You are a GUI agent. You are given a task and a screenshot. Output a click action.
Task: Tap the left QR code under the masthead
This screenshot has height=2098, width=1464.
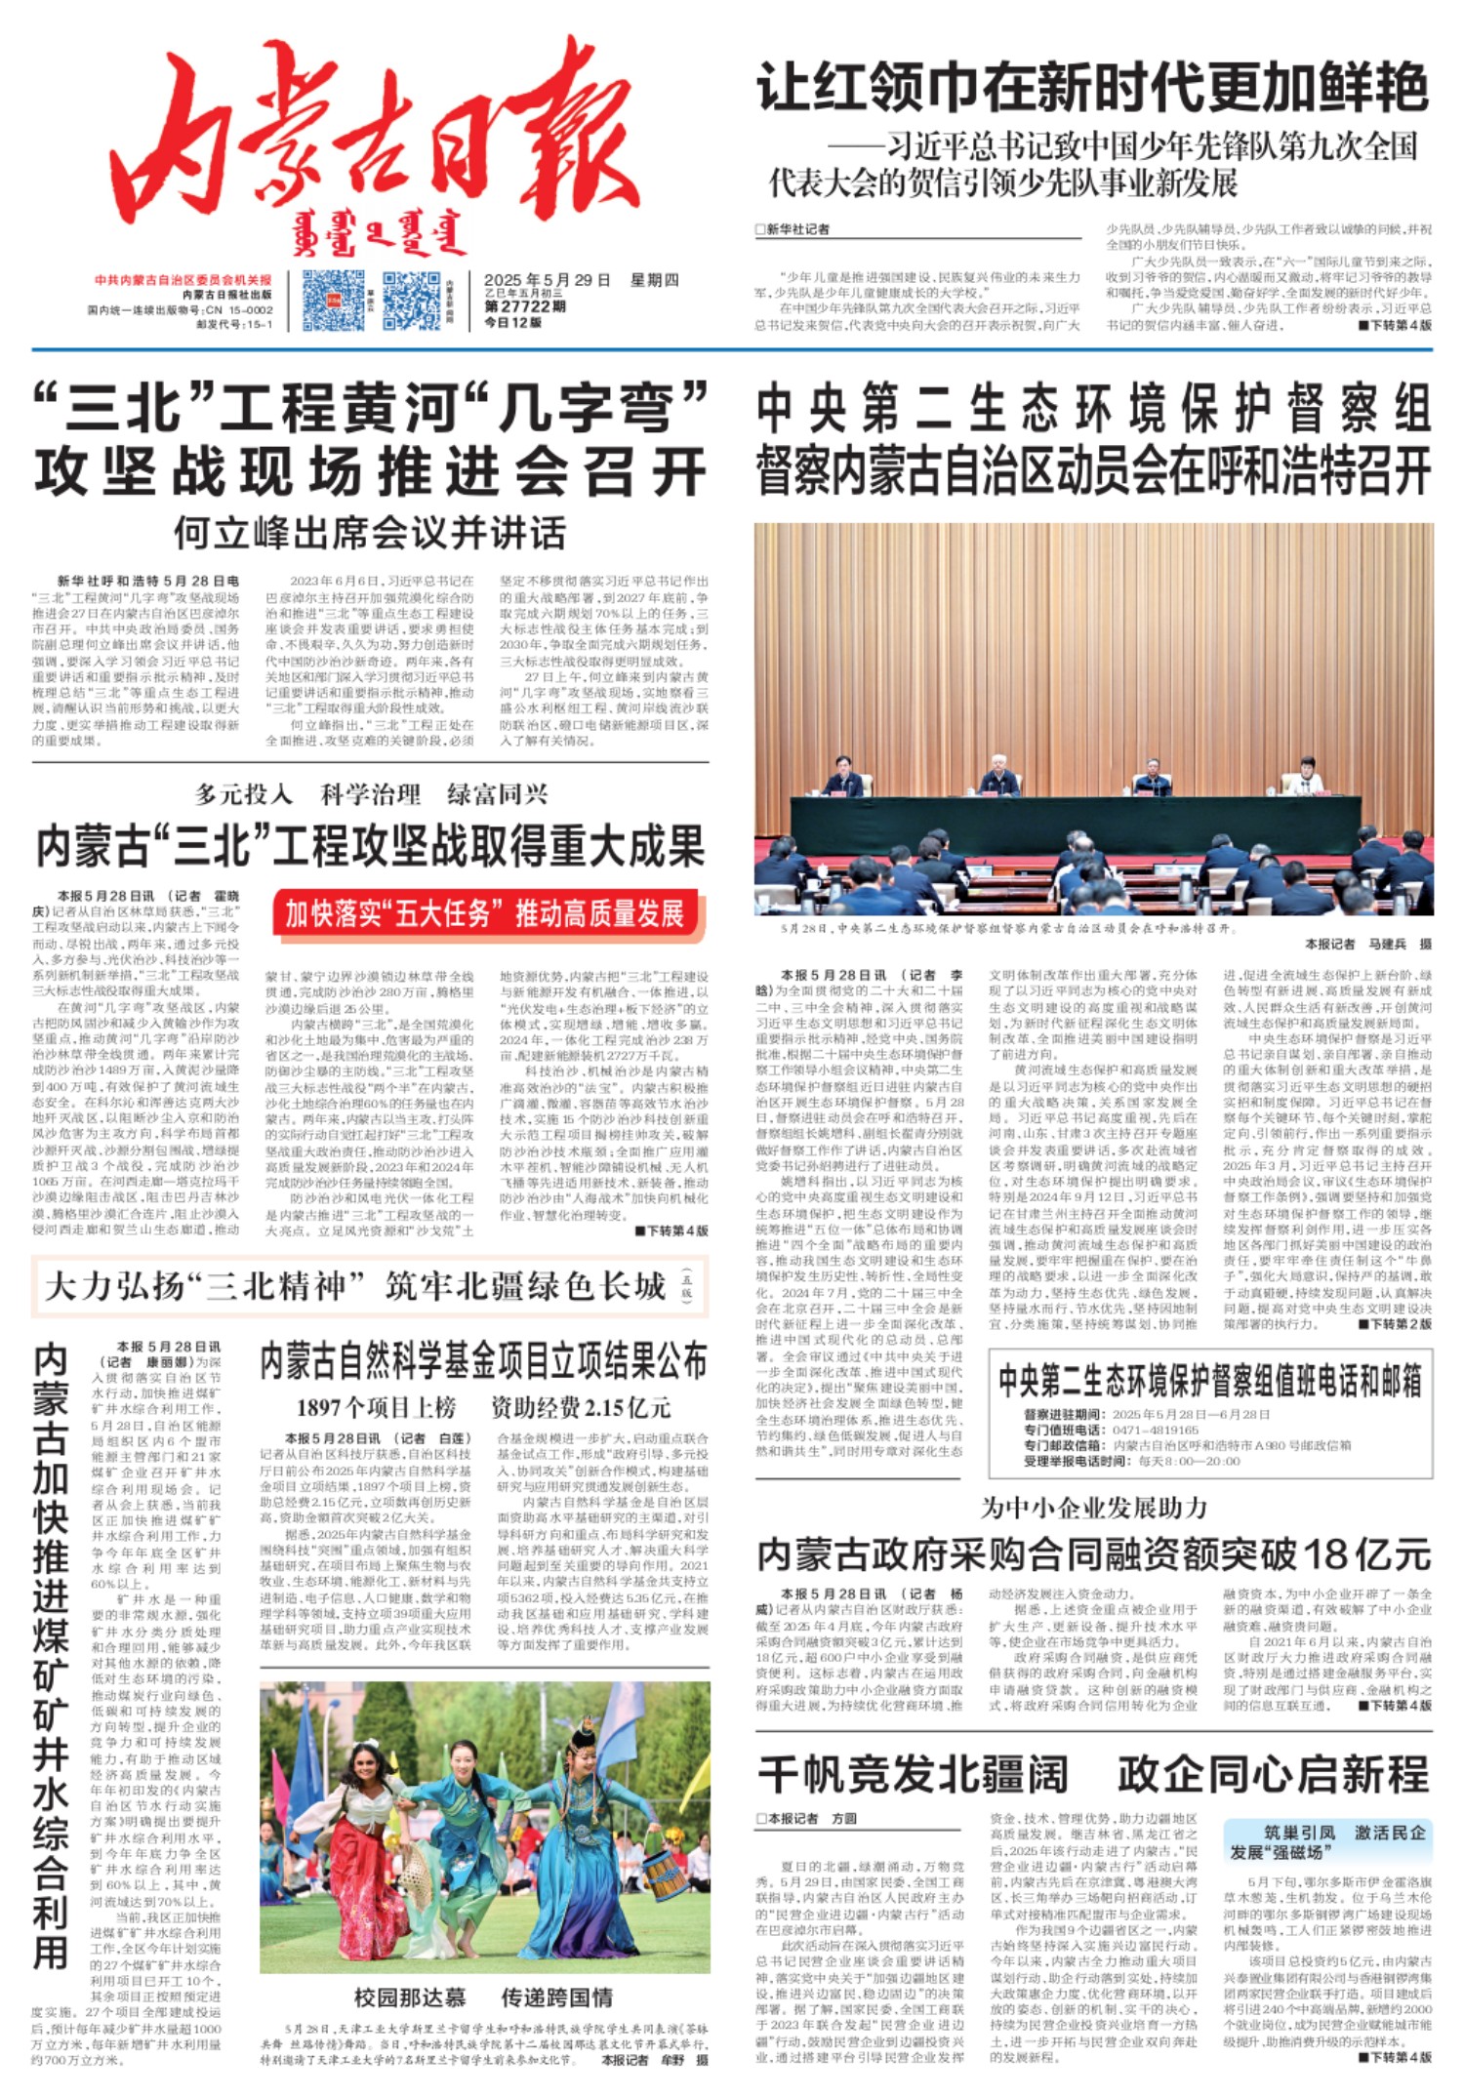[333, 301]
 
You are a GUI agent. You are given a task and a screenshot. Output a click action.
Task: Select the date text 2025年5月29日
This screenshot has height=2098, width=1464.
[547, 281]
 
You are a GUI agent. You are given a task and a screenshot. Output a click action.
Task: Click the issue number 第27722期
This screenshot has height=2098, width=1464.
[525, 306]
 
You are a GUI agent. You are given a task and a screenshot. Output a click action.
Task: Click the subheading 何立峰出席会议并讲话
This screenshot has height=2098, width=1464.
[370, 534]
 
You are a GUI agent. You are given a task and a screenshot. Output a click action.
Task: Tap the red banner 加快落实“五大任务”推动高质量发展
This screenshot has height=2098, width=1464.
[485, 914]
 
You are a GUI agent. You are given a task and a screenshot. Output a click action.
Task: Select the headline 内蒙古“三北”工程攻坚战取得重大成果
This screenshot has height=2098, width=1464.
[370, 846]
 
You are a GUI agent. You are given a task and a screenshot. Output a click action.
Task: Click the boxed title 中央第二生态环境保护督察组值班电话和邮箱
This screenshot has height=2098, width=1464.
[1209, 1381]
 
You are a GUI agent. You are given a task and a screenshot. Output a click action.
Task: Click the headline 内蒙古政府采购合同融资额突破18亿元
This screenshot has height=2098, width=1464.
[1093, 1553]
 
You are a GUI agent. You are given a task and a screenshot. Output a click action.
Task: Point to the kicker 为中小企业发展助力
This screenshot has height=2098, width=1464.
[1093, 1509]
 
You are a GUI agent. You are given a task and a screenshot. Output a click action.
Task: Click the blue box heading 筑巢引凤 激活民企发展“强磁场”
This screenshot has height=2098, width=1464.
[1327, 1842]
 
